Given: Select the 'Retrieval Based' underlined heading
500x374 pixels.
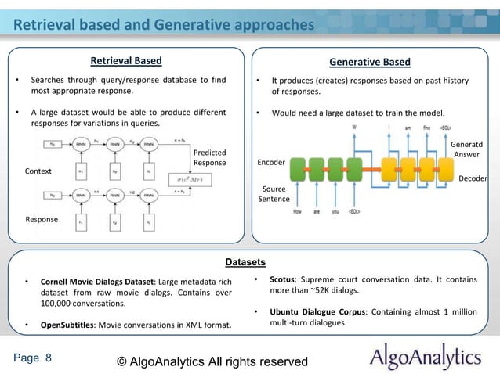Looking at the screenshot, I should click(x=126, y=60).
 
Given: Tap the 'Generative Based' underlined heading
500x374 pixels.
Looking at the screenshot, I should click(x=369, y=62).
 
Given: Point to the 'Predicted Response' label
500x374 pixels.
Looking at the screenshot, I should click(x=209, y=157).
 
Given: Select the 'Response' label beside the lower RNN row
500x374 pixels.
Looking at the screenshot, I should click(x=42, y=219).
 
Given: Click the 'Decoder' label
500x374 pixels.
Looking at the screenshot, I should click(x=473, y=178).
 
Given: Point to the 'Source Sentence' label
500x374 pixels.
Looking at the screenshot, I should click(x=274, y=194).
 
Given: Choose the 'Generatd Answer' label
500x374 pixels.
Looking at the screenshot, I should click(x=467, y=149).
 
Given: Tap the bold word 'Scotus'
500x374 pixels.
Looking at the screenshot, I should click(x=283, y=279).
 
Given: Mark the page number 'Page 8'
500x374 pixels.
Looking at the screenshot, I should click(x=33, y=358).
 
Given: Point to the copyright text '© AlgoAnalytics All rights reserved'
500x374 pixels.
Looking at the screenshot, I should click(x=212, y=361).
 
